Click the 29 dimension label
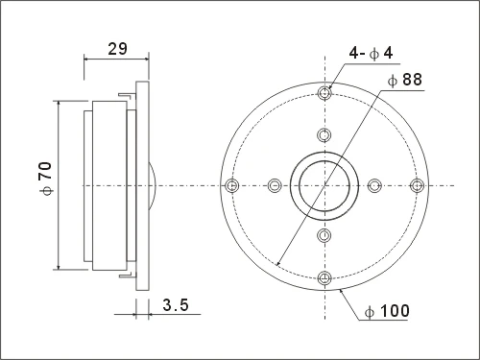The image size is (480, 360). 117,49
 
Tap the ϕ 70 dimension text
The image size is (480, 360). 45,179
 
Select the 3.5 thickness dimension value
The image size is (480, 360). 176,304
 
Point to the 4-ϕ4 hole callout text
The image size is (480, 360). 371,53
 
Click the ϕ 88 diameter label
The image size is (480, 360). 405,80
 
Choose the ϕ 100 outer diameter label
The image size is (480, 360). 387,311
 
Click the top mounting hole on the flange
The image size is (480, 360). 324,93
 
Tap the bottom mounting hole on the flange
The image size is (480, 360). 324,277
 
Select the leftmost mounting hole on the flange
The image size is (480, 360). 232,185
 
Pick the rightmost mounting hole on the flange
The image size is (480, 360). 417,185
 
